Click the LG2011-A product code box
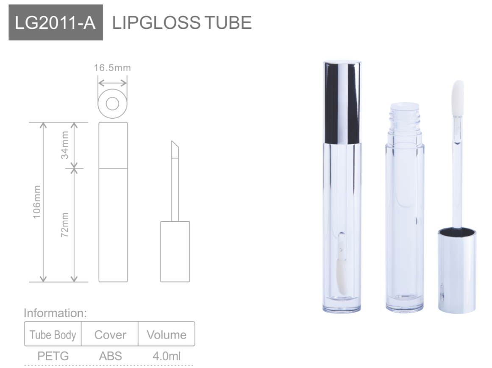pos(56,22)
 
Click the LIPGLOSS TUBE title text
pos(182,22)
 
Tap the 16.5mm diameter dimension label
pos(112,68)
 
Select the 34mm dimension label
pos(65,145)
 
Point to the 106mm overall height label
pos(37,201)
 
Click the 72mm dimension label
pos(65,225)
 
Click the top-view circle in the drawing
pos(112,103)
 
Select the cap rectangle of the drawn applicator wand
pos(175,251)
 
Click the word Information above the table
pos(55,313)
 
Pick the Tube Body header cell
pos(53,335)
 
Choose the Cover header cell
pos(110,335)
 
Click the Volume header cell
pos(167,335)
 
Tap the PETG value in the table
pos(53,356)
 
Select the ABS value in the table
pos(110,356)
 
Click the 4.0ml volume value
pos(167,356)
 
